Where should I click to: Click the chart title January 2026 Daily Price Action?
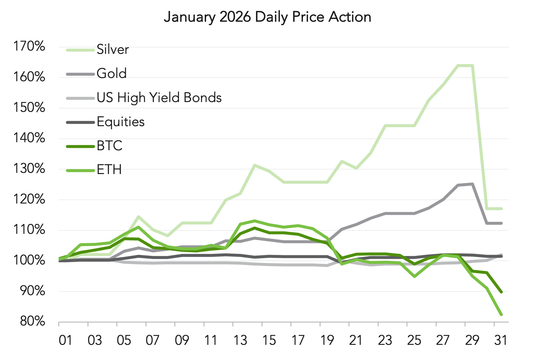267,17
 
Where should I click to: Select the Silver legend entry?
112,49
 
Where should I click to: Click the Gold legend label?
112,73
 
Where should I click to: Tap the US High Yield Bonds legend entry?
159,98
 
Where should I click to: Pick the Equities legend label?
121,122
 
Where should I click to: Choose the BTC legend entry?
110,146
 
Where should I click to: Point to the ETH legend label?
109,170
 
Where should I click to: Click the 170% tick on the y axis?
29,46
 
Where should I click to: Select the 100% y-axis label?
29,260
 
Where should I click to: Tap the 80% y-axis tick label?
32,321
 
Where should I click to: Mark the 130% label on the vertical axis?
29,169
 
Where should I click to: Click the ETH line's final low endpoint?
501,314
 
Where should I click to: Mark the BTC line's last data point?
501,292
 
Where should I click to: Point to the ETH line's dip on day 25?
414,277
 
